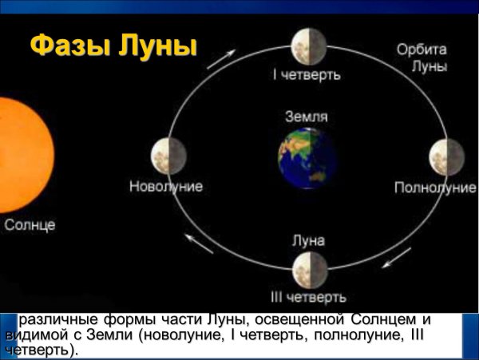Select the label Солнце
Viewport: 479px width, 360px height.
click(30, 225)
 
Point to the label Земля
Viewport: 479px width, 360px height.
click(307, 117)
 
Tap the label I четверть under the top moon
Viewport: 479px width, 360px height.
click(307, 75)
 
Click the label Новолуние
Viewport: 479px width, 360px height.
click(166, 187)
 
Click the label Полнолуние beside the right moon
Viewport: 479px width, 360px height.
click(435, 188)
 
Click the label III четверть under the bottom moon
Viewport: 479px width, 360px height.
click(307, 299)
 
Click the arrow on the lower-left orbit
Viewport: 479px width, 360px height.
click(198, 243)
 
